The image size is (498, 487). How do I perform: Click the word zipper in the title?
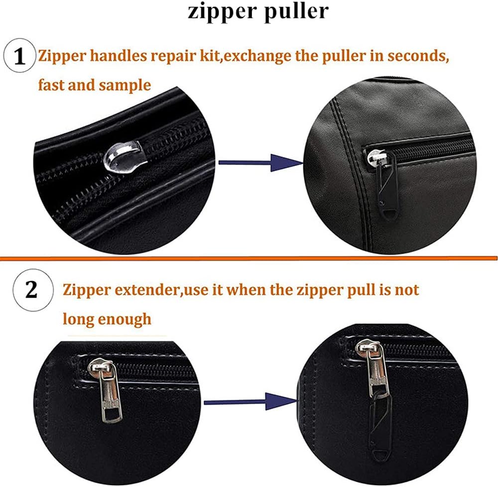(x=223, y=11)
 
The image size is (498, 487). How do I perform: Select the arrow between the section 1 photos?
(x=261, y=162)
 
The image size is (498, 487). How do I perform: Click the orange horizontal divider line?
(x=249, y=258)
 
